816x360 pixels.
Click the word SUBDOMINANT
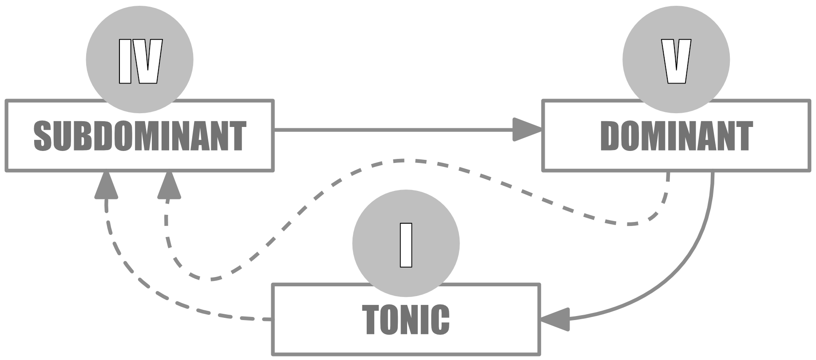pyautogui.click(x=139, y=136)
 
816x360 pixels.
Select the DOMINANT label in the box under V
pyautogui.click(x=676, y=136)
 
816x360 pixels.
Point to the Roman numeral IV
pyautogui.click(x=139, y=62)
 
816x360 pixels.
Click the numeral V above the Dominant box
pyautogui.click(x=676, y=62)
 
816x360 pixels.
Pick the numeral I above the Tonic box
pyautogui.click(x=406, y=245)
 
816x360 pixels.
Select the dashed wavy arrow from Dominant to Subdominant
pyautogui.click(x=400, y=161)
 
